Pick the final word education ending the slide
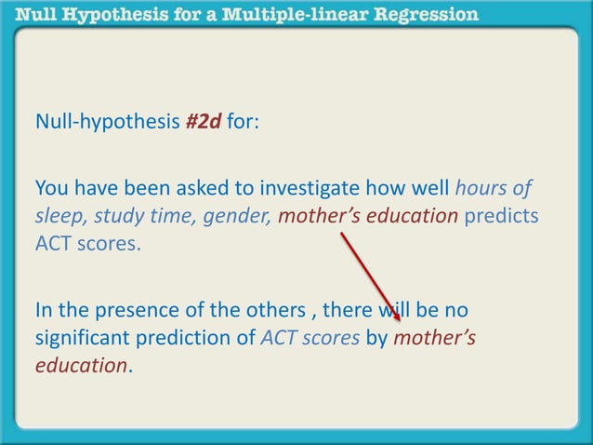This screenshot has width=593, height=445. click(80, 366)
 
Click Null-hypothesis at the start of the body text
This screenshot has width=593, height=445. click(108, 123)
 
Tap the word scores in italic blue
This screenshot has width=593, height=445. click(330, 338)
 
